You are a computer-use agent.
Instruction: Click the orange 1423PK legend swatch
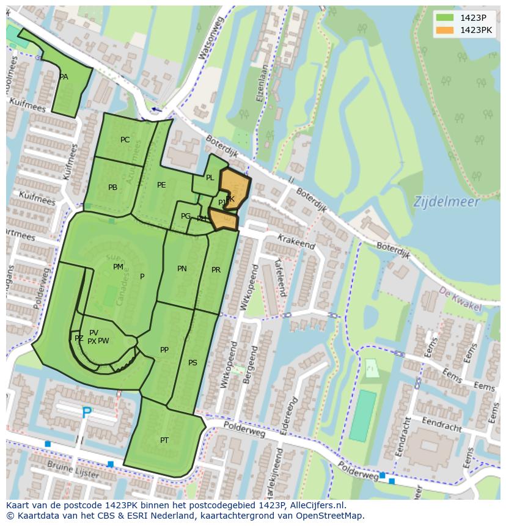coord(445,30)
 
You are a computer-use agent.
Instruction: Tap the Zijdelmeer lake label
coord(446,201)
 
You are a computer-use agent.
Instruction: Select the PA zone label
coord(64,77)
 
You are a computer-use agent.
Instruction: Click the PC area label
coord(125,140)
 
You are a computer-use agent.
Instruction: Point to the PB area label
coord(112,188)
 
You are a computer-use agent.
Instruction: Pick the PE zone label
coord(161,185)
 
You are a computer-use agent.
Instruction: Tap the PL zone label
coord(210,178)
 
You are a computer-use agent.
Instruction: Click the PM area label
coord(118,267)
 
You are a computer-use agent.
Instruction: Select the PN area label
coord(182,269)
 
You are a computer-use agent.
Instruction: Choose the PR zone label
coord(216,270)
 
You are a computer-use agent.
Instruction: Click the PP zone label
coord(164,350)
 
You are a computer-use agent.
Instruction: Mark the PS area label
coord(193,363)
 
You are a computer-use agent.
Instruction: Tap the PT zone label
coord(164,440)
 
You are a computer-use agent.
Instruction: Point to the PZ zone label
coord(79,338)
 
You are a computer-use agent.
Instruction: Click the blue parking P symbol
coord(87,414)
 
